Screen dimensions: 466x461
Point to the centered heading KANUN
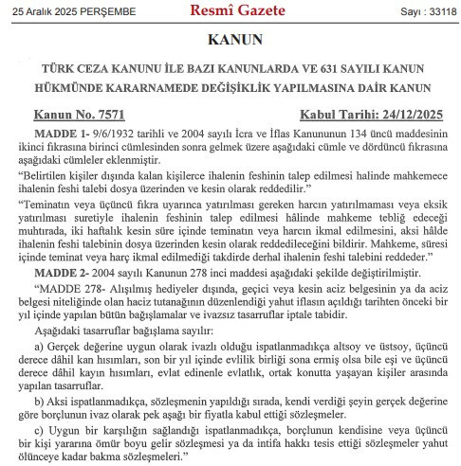[230, 43]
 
